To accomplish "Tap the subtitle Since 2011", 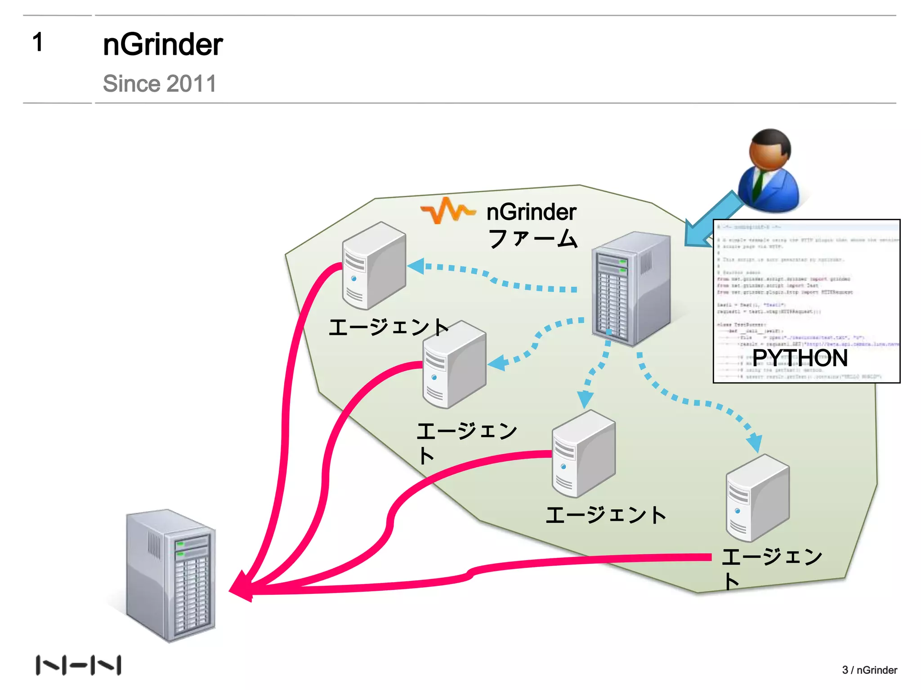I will click(159, 84).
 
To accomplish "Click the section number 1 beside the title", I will click(38, 43).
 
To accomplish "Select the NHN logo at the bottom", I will click(78, 665).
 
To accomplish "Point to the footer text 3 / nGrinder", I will click(869, 670).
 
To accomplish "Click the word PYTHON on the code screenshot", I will click(800, 358).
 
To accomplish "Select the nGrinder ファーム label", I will click(532, 225).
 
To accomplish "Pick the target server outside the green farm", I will click(171, 575).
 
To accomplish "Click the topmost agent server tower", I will click(374, 265).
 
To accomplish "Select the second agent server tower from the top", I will click(454, 364).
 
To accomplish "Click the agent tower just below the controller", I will click(583, 453).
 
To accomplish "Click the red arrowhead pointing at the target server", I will click(241, 587).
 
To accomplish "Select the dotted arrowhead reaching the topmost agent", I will click(416, 266).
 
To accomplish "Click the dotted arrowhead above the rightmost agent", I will click(755, 442).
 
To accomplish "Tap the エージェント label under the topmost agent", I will click(389, 327).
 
